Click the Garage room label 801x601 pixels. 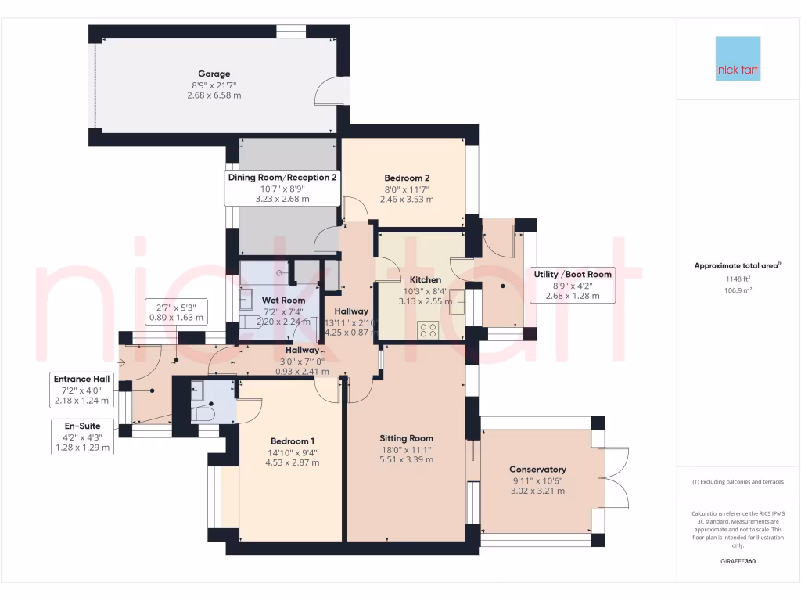pos(214,74)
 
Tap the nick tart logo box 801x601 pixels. pos(738,59)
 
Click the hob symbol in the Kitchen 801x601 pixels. pos(428,329)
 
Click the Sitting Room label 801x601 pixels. pos(406,438)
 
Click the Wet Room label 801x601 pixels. pos(283,300)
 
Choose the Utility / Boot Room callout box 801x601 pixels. pos(573,285)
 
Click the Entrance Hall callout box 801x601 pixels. pos(81,389)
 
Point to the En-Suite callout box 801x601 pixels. pos(82,437)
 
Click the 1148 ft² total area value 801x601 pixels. pos(738,278)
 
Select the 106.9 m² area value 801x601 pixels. pos(738,290)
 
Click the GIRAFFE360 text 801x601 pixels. pos(738,561)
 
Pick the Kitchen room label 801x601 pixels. pos(426,279)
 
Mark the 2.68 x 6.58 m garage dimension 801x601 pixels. pos(214,95)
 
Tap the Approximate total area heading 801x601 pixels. pos(738,265)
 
